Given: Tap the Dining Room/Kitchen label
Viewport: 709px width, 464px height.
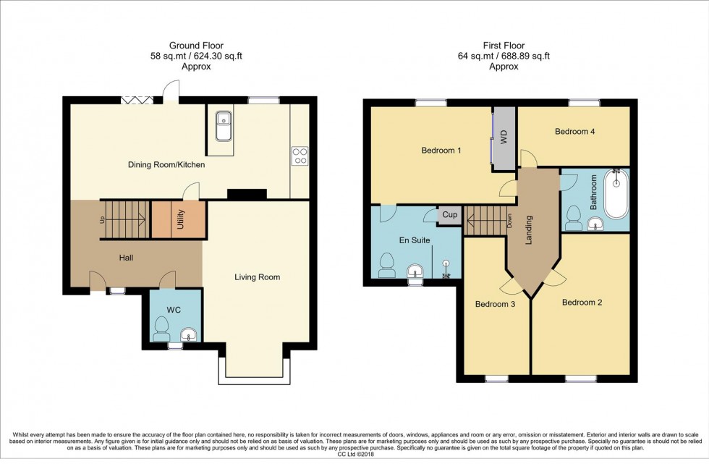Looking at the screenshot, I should [x=166, y=165].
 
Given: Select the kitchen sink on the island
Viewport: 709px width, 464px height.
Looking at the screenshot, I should [x=224, y=126].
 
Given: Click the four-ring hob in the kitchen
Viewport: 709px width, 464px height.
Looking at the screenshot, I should [x=300, y=156].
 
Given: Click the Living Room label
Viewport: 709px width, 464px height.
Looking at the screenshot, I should [x=257, y=277].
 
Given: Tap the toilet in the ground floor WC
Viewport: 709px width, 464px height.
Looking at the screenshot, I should [x=161, y=332].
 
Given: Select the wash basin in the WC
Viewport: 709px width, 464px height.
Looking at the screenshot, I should [x=188, y=334].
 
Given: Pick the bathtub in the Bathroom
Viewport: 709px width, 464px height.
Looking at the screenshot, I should [x=616, y=195].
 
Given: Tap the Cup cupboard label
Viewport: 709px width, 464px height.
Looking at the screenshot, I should [x=450, y=215].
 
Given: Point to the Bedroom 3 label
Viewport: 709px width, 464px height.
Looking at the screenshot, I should [x=495, y=304].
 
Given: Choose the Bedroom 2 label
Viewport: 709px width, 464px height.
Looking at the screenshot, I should [x=582, y=302].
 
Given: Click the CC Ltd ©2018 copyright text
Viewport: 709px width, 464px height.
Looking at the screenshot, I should [x=354, y=455].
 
